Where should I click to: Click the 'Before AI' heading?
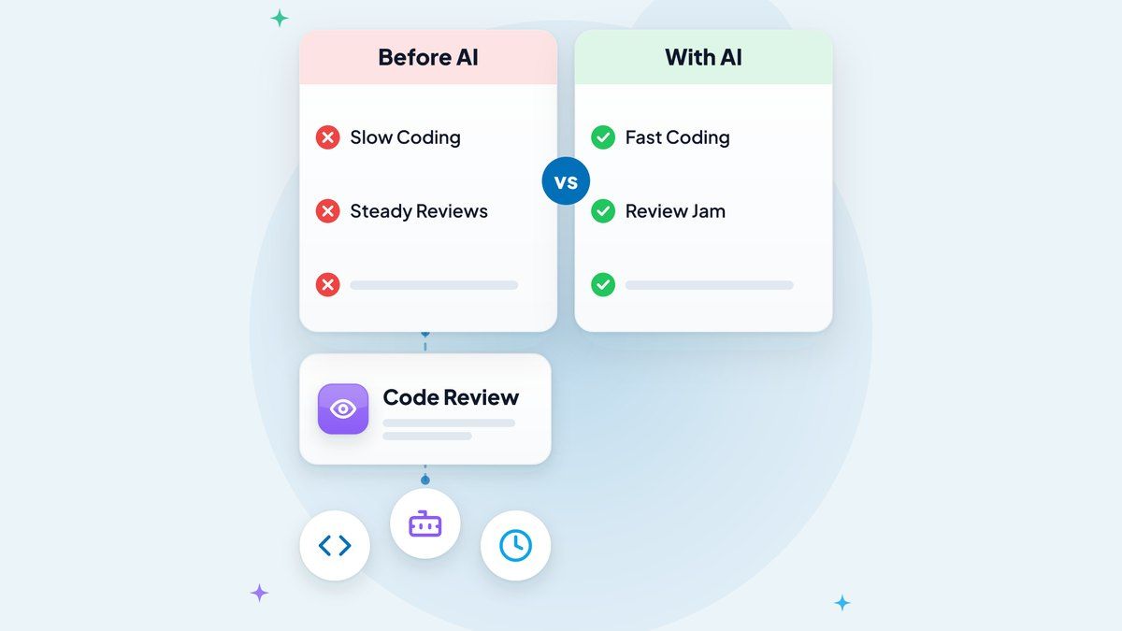pos(428,57)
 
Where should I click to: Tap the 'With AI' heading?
pos(703,57)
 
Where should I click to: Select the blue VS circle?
pos(566,180)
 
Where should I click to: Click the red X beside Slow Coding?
pos(327,137)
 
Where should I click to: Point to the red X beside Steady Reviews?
pos(327,211)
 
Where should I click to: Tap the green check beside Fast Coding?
pos(603,137)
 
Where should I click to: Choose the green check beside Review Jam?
pos(603,211)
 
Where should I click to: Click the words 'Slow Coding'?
pos(405,137)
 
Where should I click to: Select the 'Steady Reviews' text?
pos(419,211)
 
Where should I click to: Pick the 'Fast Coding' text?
pos(677,137)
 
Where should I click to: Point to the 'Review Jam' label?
pos(675,211)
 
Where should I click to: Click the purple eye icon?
pos(343,409)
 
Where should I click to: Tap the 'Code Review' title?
pos(451,397)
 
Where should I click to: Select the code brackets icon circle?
pos(335,545)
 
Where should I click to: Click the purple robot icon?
pos(425,523)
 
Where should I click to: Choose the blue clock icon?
pos(515,545)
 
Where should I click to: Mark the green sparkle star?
pos(280,19)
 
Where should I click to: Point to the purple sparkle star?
pos(260,593)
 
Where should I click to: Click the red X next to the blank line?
pos(327,284)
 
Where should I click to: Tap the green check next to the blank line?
pos(603,284)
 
